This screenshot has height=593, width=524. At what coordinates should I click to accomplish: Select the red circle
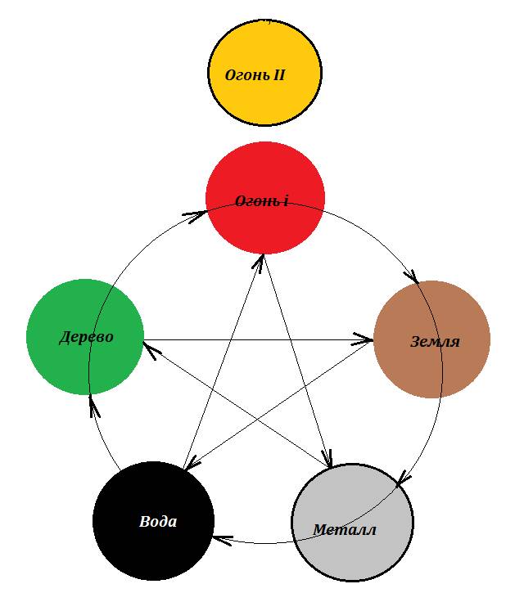264,197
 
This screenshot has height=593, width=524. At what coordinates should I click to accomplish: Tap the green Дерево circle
85,337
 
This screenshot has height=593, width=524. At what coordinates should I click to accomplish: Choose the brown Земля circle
431,339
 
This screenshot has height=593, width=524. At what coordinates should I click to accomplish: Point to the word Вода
158,521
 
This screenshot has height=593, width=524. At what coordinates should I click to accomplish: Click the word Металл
345,530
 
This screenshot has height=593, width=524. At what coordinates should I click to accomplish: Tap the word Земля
435,341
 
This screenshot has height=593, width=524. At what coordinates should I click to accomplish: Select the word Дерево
86,337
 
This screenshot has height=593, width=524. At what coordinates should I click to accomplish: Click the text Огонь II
255,74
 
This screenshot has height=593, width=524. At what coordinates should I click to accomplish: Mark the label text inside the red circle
261,200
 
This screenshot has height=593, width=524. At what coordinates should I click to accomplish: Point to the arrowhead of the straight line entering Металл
329,461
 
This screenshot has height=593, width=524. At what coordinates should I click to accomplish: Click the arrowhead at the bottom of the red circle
261,259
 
